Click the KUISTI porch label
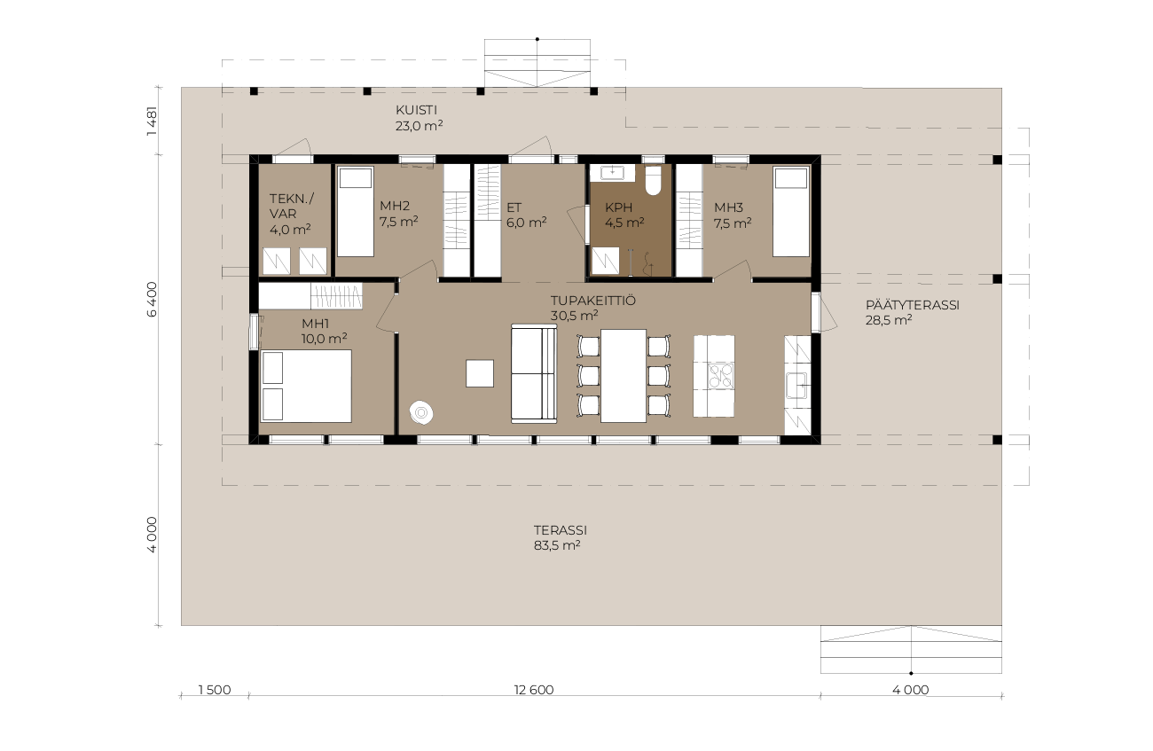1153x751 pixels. [416, 110]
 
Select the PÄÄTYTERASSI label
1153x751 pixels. [912, 305]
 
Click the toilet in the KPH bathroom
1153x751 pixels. [653, 180]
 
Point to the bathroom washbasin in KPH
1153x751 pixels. [613, 173]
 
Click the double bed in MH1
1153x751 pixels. [306, 386]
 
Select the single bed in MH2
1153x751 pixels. [355, 212]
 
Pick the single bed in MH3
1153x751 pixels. [791, 212]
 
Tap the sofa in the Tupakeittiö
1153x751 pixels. [534, 373]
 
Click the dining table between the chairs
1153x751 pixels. [624, 376]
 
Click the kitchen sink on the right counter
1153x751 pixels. [796, 385]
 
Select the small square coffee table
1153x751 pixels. [480, 373]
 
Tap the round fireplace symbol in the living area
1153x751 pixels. [421, 412]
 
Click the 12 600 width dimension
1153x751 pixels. [534, 690]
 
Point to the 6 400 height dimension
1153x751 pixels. [152, 299]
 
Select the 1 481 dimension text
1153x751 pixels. [152, 121]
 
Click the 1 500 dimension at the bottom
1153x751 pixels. [215, 690]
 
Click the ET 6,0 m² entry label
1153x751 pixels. [526, 215]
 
